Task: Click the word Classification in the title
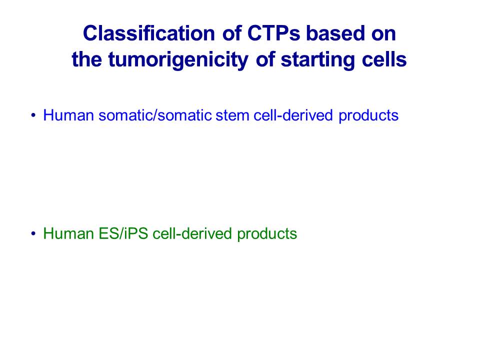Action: (x=149, y=33)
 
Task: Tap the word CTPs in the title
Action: (x=273, y=33)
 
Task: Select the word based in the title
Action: (x=335, y=33)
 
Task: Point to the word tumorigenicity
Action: (x=178, y=60)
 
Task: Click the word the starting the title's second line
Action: (x=86, y=59)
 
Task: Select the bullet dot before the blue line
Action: (x=33, y=115)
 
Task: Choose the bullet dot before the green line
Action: (x=33, y=234)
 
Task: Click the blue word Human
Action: (x=68, y=115)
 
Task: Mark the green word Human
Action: (x=68, y=233)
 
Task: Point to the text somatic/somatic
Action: (x=155, y=115)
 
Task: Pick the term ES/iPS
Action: (x=123, y=233)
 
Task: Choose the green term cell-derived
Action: (x=192, y=233)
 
